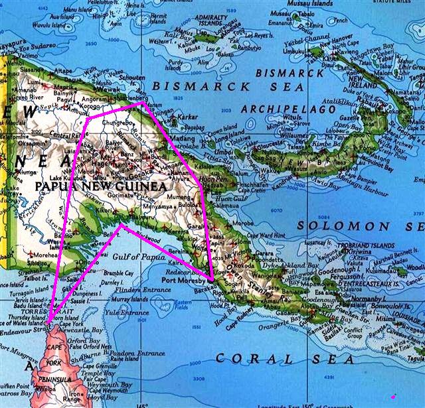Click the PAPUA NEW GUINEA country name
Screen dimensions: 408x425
pyautogui.click(x=99, y=188)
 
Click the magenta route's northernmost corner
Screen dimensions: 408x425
pyautogui.click(x=143, y=103)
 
